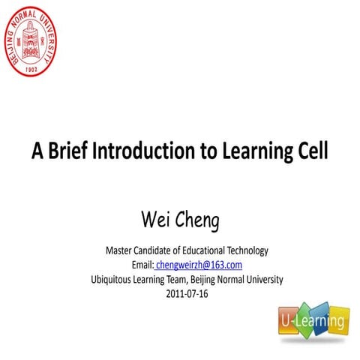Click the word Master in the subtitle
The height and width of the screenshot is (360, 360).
tap(119, 250)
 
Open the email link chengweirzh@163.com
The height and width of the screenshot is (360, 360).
tap(199, 265)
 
